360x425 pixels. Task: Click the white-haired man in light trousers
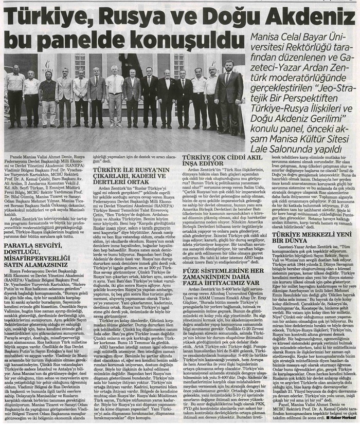(x=114, y=98)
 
